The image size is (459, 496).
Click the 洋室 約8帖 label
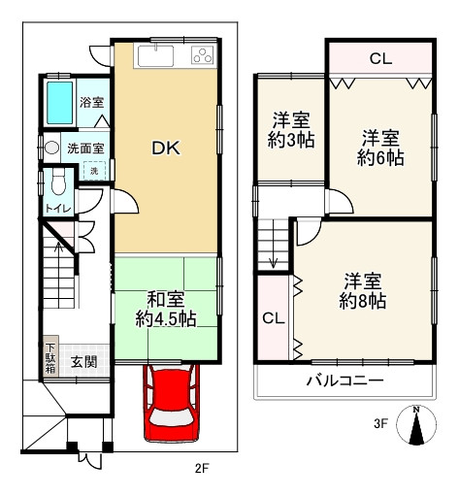click(363, 291)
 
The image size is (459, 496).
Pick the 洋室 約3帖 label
click(290, 131)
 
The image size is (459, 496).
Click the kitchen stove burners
click(202, 55)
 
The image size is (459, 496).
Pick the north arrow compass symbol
click(416, 426)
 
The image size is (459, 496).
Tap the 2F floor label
click(201, 470)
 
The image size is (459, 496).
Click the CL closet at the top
click(380, 59)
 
